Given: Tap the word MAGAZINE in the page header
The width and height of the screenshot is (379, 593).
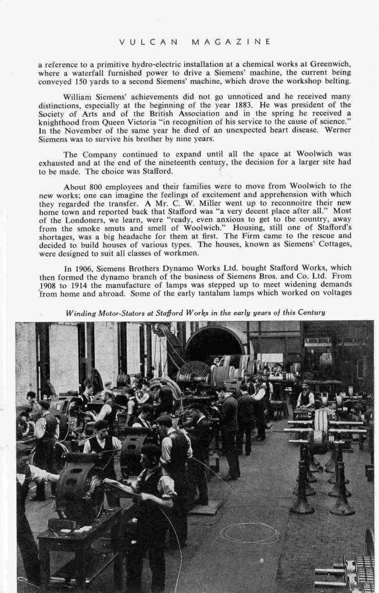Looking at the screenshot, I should [x=230, y=42].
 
